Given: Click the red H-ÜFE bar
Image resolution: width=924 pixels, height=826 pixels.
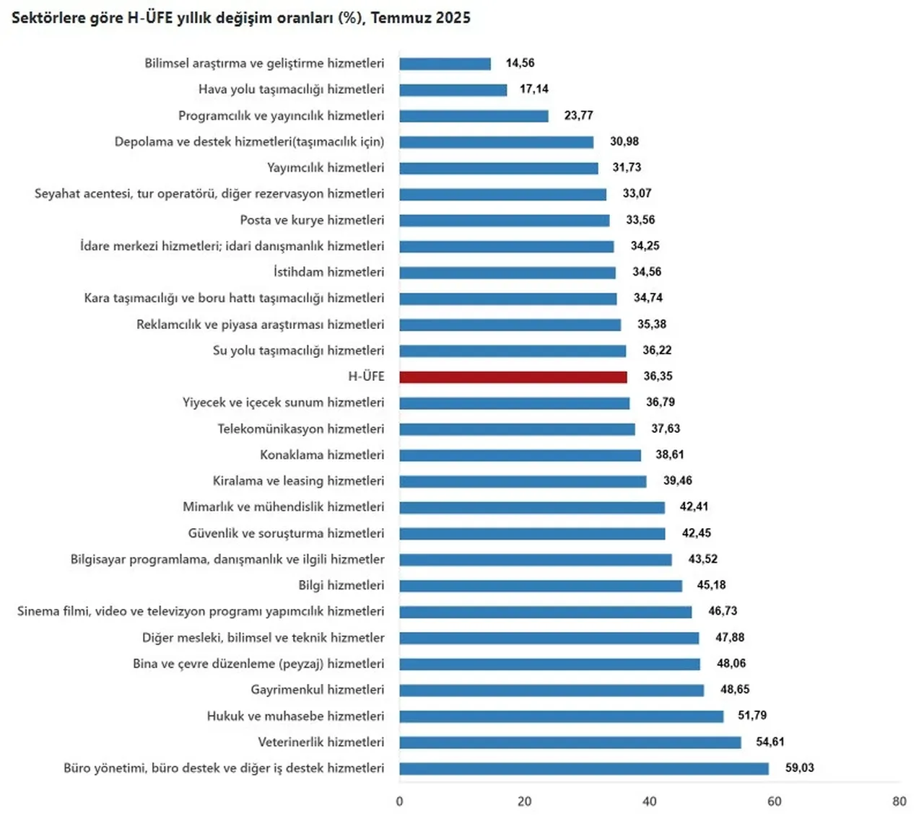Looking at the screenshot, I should pyautogui.click(x=513, y=377).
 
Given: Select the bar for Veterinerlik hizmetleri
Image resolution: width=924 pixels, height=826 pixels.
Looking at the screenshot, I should pyautogui.click(x=570, y=742).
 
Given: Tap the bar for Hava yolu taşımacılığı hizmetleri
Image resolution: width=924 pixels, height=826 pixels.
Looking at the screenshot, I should pyautogui.click(x=453, y=89).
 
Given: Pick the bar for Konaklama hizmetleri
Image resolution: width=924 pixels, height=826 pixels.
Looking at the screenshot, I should pyautogui.click(x=520, y=455).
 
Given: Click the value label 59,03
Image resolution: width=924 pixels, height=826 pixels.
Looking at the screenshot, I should pyautogui.click(x=799, y=768).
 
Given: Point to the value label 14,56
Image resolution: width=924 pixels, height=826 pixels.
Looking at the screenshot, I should pyautogui.click(x=520, y=63).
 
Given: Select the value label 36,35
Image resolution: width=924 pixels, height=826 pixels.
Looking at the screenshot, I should pyautogui.click(x=658, y=376).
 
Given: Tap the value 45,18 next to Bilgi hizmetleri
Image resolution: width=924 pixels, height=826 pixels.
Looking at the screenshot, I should pyautogui.click(x=711, y=585).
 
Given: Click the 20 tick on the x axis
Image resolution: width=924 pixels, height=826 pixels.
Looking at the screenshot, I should pyautogui.click(x=525, y=801).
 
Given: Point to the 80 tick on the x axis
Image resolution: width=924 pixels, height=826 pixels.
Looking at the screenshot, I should pyautogui.click(x=899, y=801).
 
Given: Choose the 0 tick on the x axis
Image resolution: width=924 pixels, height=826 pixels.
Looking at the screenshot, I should pyautogui.click(x=400, y=801).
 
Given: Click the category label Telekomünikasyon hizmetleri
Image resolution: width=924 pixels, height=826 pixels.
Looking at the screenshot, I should pyautogui.click(x=301, y=429).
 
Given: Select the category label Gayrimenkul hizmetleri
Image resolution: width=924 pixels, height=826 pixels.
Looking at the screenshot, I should pyautogui.click(x=318, y=690).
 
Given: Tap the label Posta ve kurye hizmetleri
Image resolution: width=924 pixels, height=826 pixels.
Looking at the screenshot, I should pyautogui.click(x=312, y=220).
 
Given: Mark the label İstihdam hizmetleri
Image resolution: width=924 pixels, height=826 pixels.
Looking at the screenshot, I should pyautogui.click(x=328, y=272).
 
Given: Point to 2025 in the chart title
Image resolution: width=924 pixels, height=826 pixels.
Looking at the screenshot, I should pyautogui.click(x=453, y=18).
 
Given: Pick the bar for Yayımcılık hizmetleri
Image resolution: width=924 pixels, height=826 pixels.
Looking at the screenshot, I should pyautogui.click(x=499, y=168).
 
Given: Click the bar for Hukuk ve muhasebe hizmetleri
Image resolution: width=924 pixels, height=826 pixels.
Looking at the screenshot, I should pyautogui.click(x=562, y=716).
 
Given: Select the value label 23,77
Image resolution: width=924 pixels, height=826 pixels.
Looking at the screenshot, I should pyautogui.click(x=578, y=115).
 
